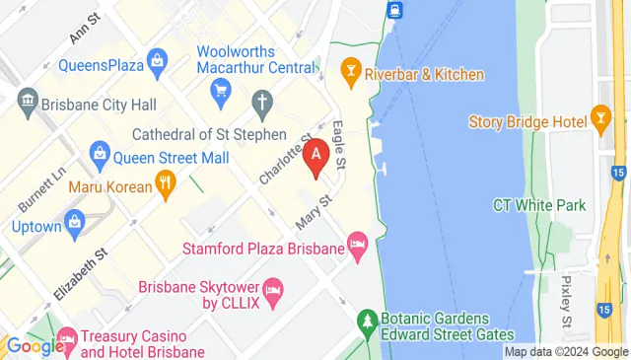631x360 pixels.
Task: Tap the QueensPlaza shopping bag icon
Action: coord(158,66)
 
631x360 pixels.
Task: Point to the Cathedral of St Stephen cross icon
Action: coord(262,101)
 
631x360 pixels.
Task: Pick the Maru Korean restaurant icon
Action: coord(166,182)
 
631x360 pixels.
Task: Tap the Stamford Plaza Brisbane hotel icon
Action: coord(358,242)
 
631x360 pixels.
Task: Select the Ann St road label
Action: coord(85,28)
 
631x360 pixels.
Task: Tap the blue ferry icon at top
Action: coord(394,10)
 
